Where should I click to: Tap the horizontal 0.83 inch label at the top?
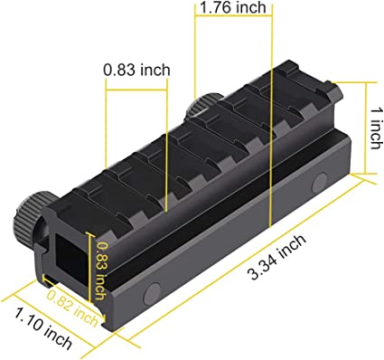tap(136, 69)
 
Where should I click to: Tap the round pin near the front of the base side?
tap(153, 290)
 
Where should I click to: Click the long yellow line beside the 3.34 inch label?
tap(244, 270)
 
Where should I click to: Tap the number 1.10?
tap(28, 327)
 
